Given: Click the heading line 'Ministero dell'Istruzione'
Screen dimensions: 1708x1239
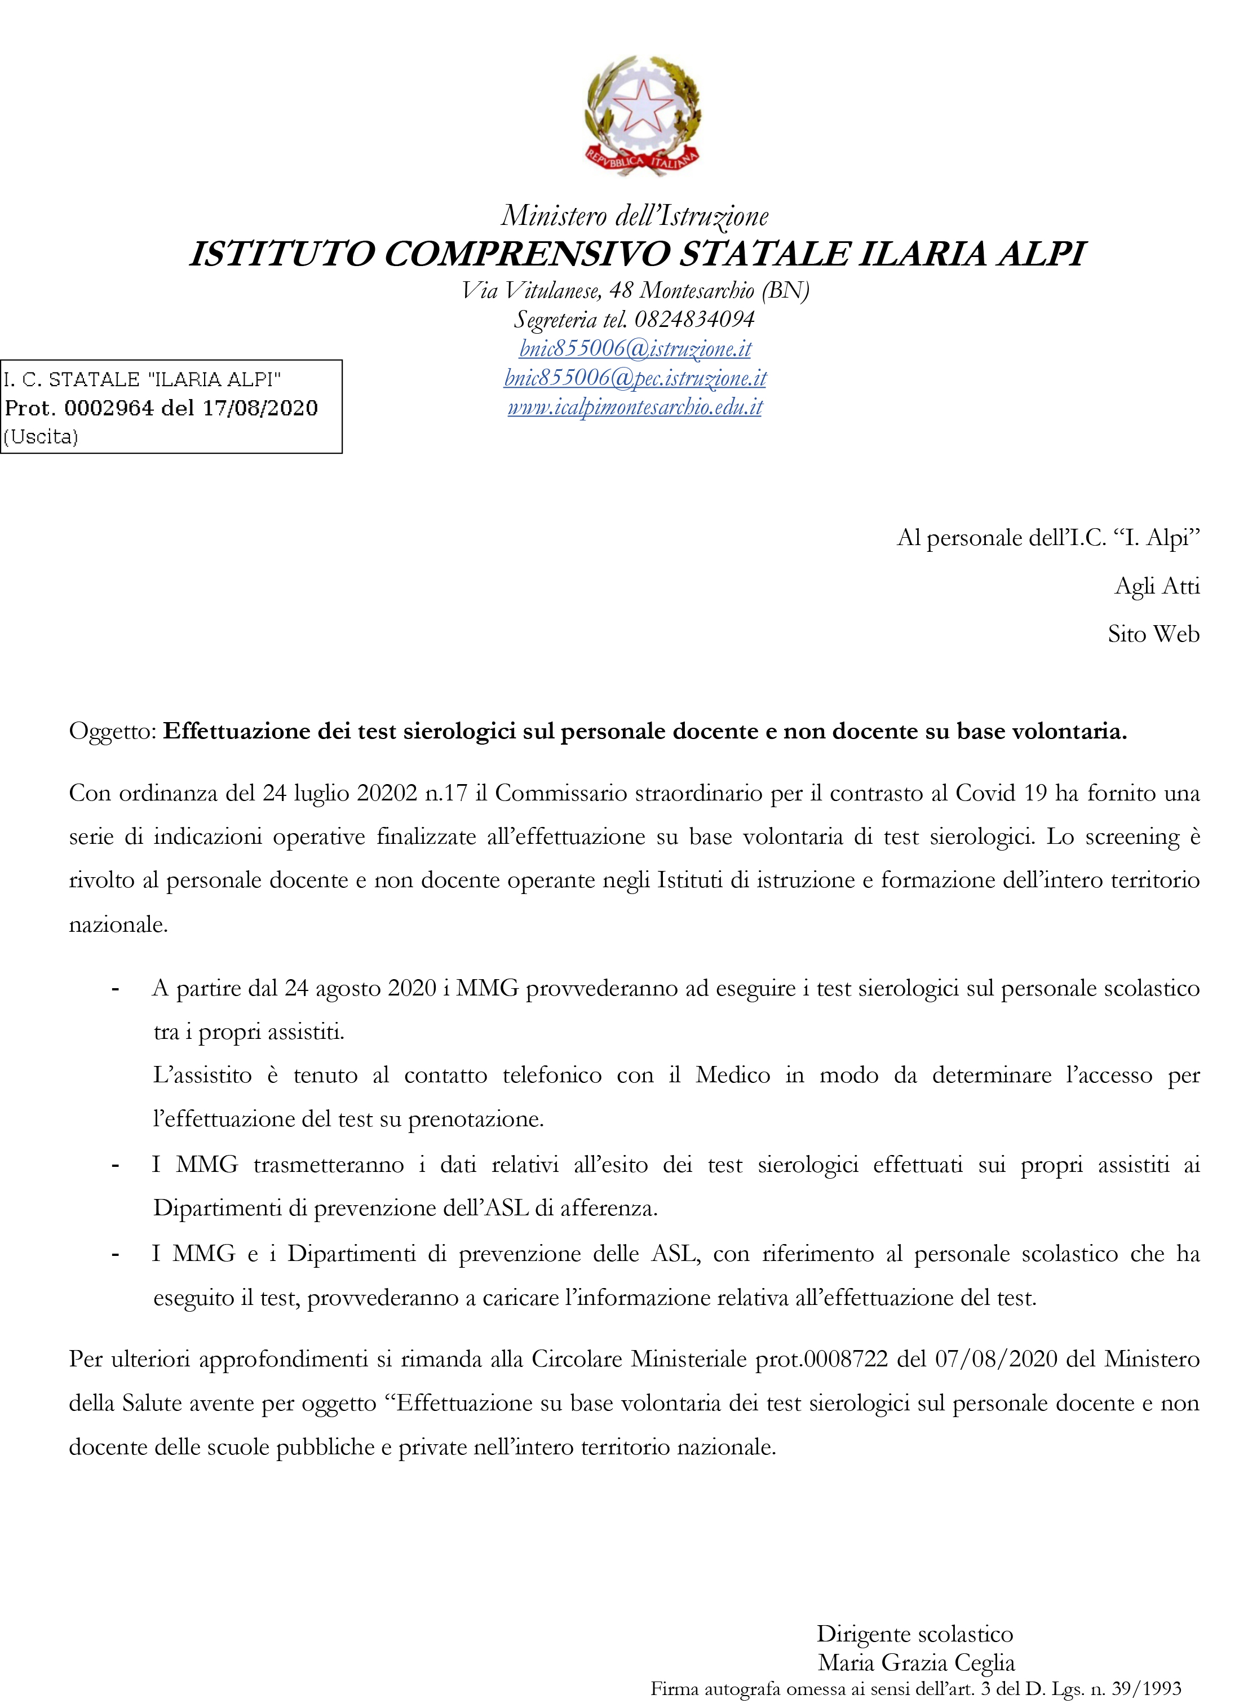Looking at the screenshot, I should tap(635, 216).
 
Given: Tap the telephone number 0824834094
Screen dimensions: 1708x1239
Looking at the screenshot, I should tap(694, 319).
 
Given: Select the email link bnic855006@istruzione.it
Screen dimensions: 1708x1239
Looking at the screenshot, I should tap(635, 349).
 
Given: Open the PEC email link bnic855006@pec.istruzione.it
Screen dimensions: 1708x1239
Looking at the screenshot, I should tap(635, 378).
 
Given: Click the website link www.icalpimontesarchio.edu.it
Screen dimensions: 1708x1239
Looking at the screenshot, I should tap(635, 408).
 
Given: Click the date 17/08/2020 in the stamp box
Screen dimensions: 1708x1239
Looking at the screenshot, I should tap(260, 408).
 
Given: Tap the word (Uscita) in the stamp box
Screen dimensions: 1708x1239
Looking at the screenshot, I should tap(41, 437).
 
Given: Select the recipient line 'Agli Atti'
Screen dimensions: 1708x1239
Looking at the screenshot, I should tap(1156, 586).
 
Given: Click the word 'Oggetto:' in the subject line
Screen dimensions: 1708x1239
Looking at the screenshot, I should tap(113, 731).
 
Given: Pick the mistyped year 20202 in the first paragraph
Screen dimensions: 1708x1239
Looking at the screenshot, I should tap(387, 793).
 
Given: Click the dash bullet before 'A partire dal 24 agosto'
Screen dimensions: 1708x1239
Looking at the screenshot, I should tap(115, 989).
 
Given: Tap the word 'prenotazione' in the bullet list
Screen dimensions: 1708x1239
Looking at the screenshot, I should tap(475, 1119).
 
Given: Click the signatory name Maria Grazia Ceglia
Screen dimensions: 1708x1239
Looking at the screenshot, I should tap(916, 1663).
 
